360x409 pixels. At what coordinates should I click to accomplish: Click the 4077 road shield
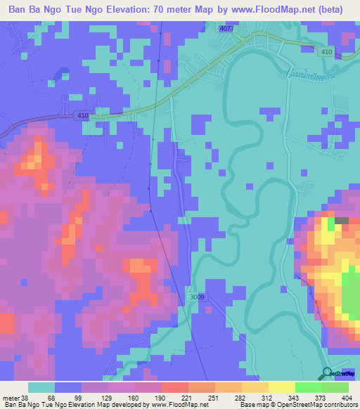click(226, 29)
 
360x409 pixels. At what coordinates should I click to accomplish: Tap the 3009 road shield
click(198, 297)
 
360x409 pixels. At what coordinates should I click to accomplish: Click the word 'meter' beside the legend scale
click(11, 397)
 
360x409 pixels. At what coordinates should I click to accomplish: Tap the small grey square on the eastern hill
click(342, 221)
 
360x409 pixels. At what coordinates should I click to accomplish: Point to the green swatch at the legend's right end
click(335, 387)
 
